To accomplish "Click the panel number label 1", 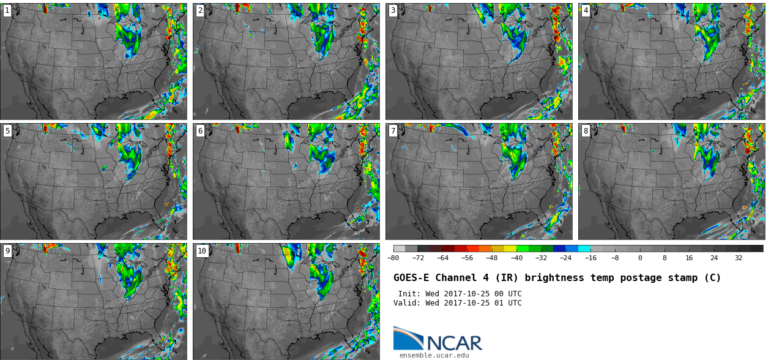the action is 7,10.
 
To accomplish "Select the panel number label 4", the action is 586,10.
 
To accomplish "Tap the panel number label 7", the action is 393,131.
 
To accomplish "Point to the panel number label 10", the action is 202,251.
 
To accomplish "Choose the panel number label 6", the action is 200,131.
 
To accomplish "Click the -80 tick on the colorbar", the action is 393,258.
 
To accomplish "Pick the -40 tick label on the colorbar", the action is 516,258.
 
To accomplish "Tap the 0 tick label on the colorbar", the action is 640,258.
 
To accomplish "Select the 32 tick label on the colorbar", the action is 739,258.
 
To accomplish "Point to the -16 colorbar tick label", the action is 590,258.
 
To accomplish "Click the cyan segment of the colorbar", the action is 584,249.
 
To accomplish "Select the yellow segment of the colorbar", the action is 510,249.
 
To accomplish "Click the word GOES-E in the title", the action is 411,278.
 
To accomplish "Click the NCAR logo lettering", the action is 455,343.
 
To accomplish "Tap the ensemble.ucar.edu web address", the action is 434,355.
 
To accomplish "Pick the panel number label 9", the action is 7,251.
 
